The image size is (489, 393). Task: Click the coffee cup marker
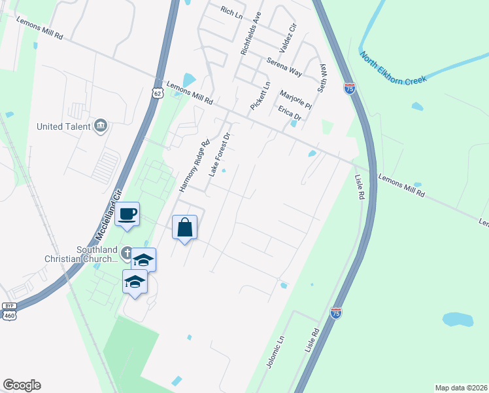[127, 214]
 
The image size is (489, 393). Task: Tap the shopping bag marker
[185, 228]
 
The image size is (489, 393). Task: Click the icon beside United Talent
[100, 126]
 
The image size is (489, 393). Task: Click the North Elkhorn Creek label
[393, 67]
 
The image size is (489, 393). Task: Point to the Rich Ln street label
[231, 10]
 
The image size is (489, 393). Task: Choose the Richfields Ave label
[250, 33]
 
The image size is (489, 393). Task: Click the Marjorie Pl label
[295, 99]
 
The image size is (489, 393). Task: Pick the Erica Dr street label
[289, 113]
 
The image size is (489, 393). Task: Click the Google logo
[22, 385]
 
